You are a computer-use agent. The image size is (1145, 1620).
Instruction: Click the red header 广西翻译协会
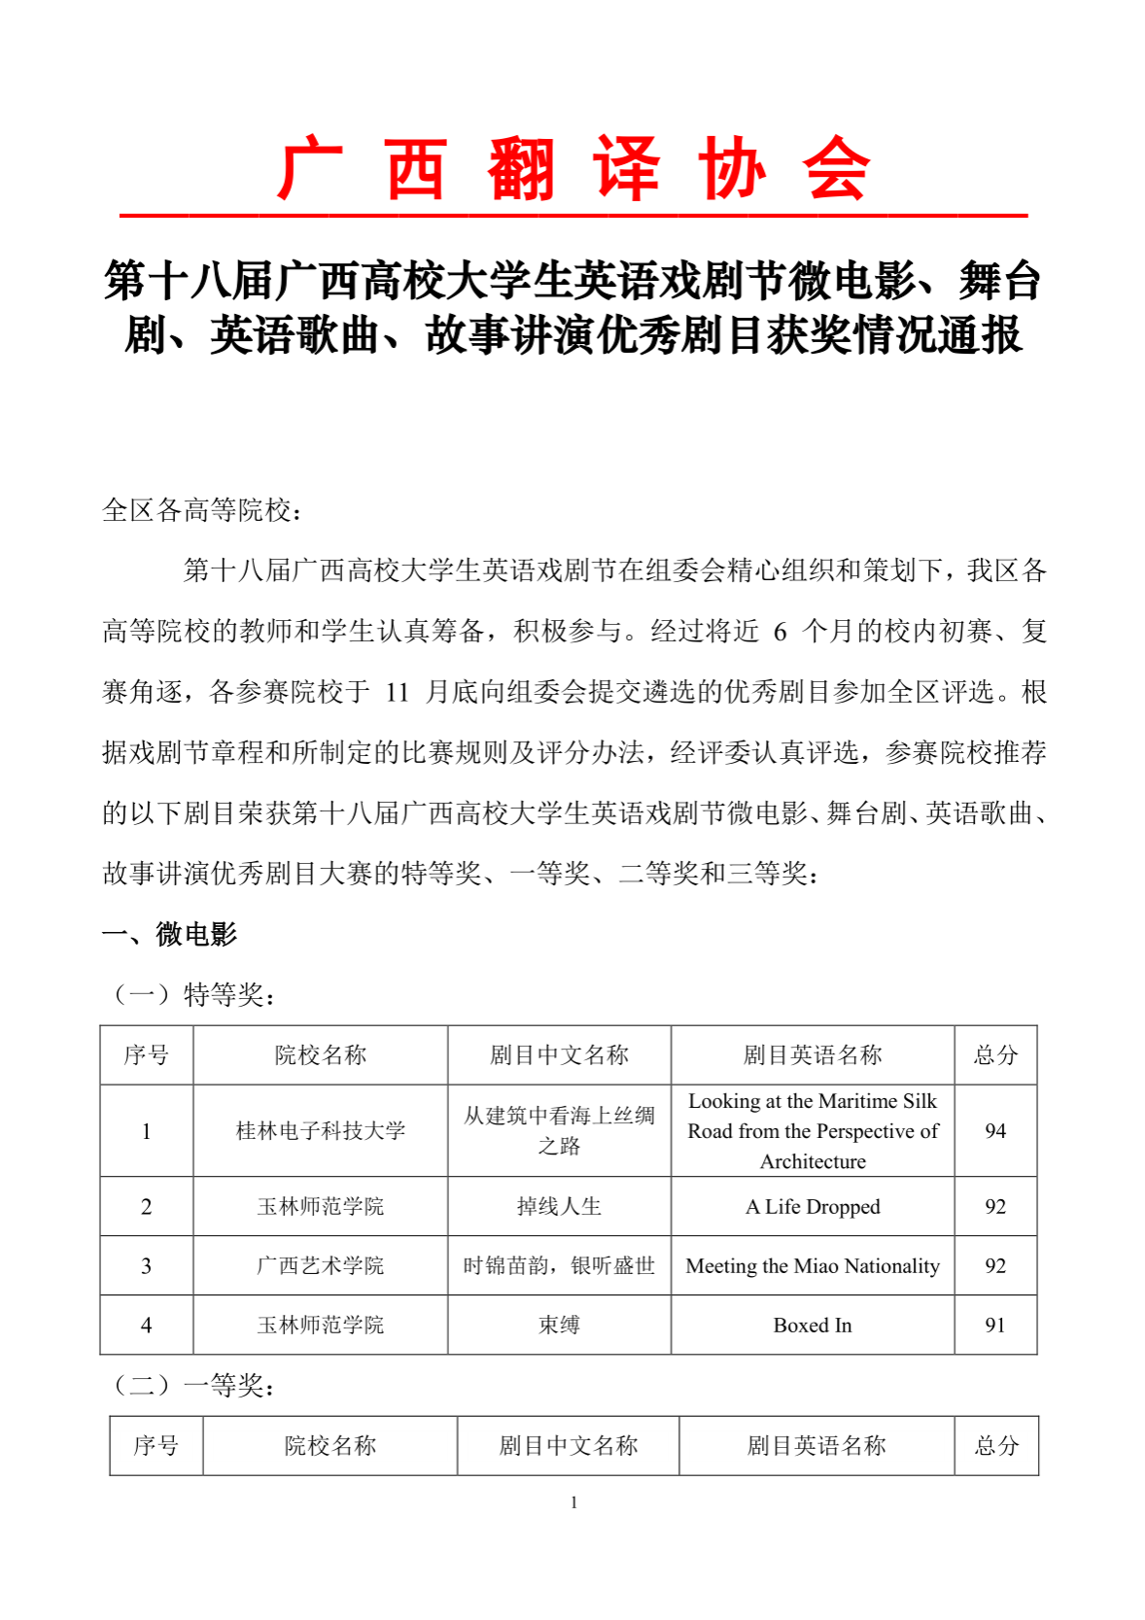(572, 169)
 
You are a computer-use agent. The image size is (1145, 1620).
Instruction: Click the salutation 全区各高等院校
(201, 510)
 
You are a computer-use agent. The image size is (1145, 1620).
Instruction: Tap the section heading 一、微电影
(169, 934)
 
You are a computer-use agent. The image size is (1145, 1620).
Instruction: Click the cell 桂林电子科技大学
(320, 1130)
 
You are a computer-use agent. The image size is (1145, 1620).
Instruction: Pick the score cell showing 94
(994, 1130)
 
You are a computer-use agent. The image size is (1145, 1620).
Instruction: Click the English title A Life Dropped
(813, 1206)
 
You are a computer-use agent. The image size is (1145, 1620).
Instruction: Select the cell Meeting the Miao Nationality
(813, 1265)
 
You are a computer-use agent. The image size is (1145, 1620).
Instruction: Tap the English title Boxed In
(813, 1325)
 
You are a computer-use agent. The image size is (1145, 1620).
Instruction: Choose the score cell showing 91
(994, 1325)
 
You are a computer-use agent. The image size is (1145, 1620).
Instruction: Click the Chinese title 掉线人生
(559, 1206)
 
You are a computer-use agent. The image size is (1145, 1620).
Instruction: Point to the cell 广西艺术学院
(320, 1265)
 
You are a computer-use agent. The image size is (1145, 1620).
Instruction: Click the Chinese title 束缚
(559, 1325)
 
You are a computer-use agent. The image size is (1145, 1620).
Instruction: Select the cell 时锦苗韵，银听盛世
(559, 1265)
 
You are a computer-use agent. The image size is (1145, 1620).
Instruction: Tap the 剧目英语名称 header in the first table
(813, 1054)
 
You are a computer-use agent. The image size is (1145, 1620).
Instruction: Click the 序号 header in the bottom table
(156, 1445)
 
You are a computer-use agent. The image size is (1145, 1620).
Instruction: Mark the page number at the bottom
(573, 1502)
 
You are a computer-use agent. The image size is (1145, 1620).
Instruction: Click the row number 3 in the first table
(146, 1265)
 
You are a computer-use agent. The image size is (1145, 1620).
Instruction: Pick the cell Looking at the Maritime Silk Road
(813, 1130)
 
